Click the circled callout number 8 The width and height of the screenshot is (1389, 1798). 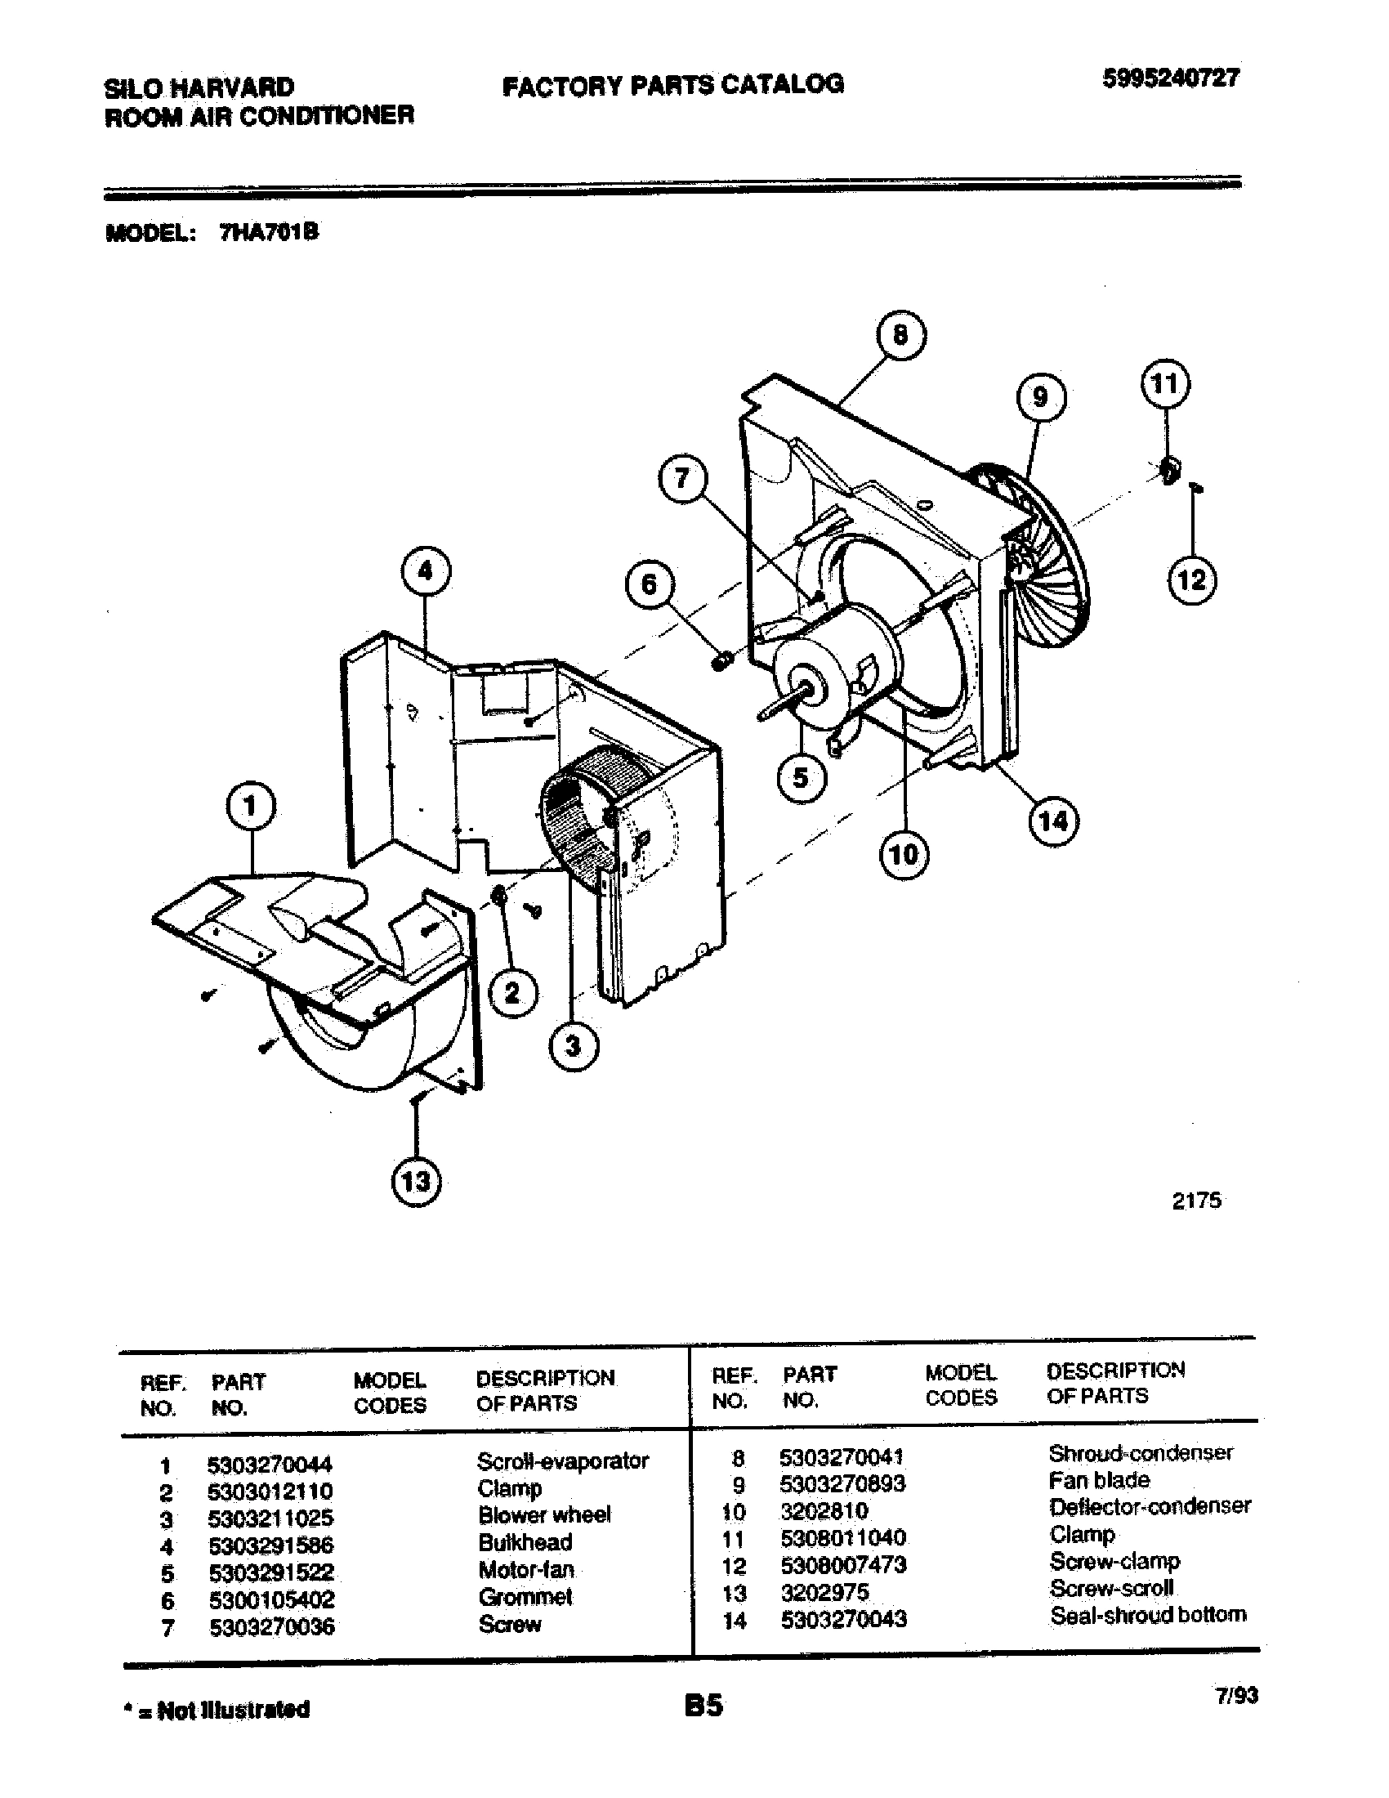(x=900, y=336)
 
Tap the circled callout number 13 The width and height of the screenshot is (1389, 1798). (x=416, y=1182)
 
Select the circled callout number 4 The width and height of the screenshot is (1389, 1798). (x=426, y=571)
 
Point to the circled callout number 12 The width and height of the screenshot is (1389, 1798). (x=1191, y=580)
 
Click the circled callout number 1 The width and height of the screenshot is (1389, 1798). (x=250, y=807)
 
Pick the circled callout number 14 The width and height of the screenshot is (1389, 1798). (x=1053, y=821)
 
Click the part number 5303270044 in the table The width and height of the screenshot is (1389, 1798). (x=270, y=1465)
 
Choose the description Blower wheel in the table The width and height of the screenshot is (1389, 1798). (x=544, y=1514)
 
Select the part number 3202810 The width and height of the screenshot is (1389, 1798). (x=824, y=1510)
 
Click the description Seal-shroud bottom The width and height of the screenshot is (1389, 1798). (x=1147, y=1615)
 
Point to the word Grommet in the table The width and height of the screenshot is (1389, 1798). (x=525, y=1597)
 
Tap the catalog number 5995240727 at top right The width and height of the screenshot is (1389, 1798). (x=1170, y=78)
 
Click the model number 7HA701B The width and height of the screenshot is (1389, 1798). (x=268, y=233)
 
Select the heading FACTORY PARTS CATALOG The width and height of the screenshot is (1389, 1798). (x=672, y=85)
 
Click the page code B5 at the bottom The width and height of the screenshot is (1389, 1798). (x=703, y=1705)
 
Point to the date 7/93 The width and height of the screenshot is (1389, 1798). (x=1235, y=1696)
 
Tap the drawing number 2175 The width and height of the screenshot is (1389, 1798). (x=1195, y=1201)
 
